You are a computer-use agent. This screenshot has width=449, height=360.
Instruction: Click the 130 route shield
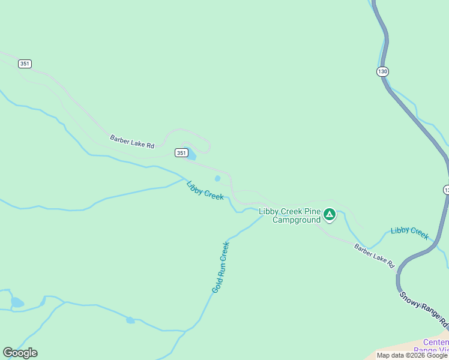[x=382, y=71]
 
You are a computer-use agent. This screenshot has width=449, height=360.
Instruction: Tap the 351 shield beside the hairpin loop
[x=181, y=153]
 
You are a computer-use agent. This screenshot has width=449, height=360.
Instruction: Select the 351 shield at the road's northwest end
[x=25, y=64]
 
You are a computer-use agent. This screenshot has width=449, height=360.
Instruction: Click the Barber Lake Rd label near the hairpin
[x=132, y=142]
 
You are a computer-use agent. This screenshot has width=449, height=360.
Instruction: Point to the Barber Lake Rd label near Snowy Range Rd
[x=374, y=255]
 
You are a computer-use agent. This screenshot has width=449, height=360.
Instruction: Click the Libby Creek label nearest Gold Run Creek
[x=205, y=191]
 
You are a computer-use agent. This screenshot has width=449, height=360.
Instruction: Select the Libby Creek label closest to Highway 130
[x=410, y=233]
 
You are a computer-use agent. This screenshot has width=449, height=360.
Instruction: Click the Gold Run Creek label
[x=220, y=267]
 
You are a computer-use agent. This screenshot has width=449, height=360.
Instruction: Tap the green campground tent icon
[x=329, y=214]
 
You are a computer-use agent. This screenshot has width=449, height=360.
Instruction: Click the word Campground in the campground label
[x=297, y=220]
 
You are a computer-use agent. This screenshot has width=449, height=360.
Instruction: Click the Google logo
[x=20, y=353]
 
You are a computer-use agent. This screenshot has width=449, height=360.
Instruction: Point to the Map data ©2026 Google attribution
[x=412, y=355]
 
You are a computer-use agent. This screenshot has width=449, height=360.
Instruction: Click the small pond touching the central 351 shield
[x=191, y=156]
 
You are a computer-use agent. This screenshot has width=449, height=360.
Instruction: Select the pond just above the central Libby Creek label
[x=217, y=178]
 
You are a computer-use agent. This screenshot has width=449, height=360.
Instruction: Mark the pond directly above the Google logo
[x=17, y=302]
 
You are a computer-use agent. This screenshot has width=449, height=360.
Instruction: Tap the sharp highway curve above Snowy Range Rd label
[x=400, y=271]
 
